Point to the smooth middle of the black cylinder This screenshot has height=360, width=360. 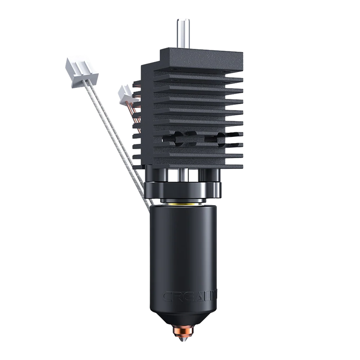point(182,252)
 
